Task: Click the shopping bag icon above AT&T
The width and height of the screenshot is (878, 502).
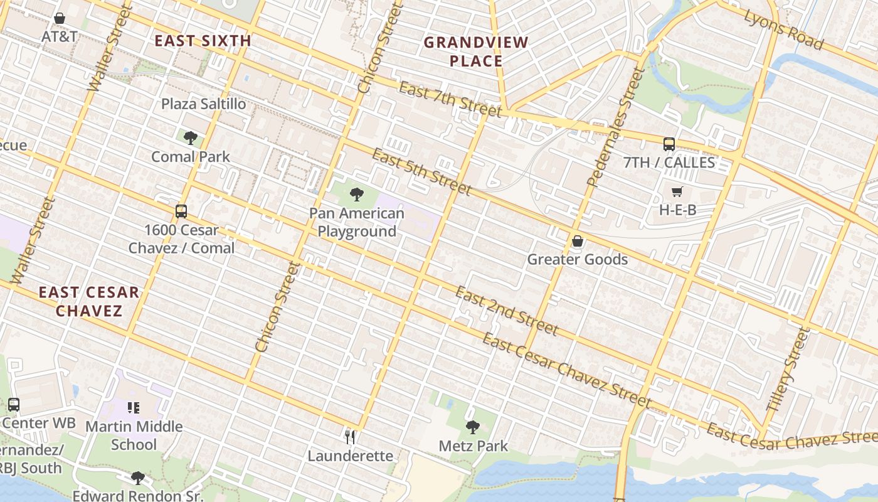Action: pyautogui.click(x=60, y=18)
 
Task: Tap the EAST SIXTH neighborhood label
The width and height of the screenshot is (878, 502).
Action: pyautogui.click(x=203, y=41)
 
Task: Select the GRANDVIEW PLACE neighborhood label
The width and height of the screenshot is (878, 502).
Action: pyautogui.click(x=476, y=51)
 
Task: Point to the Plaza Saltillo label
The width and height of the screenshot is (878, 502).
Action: pyautogui.click(x=204, y=104)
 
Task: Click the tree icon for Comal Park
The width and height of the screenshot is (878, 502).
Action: pyautogui.click(x=191, y=137)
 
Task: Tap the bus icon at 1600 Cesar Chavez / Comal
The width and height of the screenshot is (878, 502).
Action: pyautogui.click(x=181, y=211)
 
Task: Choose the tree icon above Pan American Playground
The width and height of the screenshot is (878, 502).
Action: pyautogui.click(x=357, y=194)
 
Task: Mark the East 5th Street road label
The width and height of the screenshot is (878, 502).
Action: pyautogui.click(x=421, y=171)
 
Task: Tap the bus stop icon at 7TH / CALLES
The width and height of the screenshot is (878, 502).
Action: pyautogui.click(x=669, y=144)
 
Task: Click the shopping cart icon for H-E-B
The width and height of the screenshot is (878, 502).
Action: pyautogui.click(x=677, y=191)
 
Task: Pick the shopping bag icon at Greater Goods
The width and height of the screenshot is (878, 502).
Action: pyautogui.click(x=577, y=241)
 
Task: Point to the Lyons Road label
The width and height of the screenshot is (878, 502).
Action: pyautogui.click(x=783, y=29)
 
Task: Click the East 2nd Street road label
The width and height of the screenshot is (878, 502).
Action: pyautogui.click(x=505, y=311)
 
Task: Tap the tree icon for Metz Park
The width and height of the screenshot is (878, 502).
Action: pyautogui.click(x=473, y=427)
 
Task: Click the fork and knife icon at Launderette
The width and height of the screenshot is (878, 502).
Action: pyautogui.click(x=350, y=437)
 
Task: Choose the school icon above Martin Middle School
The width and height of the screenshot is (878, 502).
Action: pyautogui.click(x=133, y=408)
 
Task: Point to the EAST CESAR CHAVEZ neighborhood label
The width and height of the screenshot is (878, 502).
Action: pyautogui.click(x=88, y=301)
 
